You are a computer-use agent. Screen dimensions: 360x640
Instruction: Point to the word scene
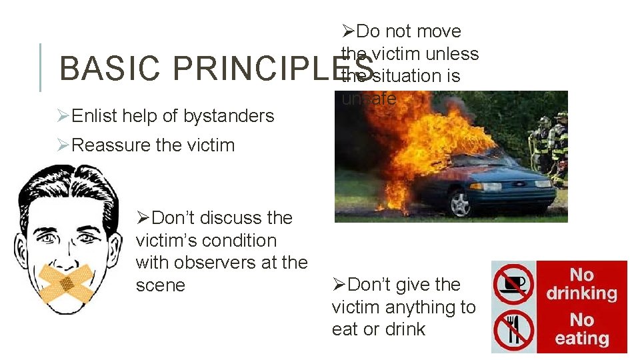tap(159, 285)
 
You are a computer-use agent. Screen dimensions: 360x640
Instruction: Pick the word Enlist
tap(93, 116)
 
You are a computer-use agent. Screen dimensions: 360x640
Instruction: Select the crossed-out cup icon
tap(513, 283)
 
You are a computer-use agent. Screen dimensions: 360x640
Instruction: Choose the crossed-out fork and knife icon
tap(513, 330)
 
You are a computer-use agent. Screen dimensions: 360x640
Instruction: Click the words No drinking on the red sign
tap(581, 284)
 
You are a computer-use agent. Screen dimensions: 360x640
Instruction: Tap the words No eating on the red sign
tap(581, 329)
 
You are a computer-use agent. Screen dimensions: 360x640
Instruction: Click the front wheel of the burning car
tap(460, 203)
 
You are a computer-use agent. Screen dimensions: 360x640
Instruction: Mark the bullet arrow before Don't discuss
tap(143, 218)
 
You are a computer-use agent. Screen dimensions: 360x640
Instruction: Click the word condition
tap(243, 241)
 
